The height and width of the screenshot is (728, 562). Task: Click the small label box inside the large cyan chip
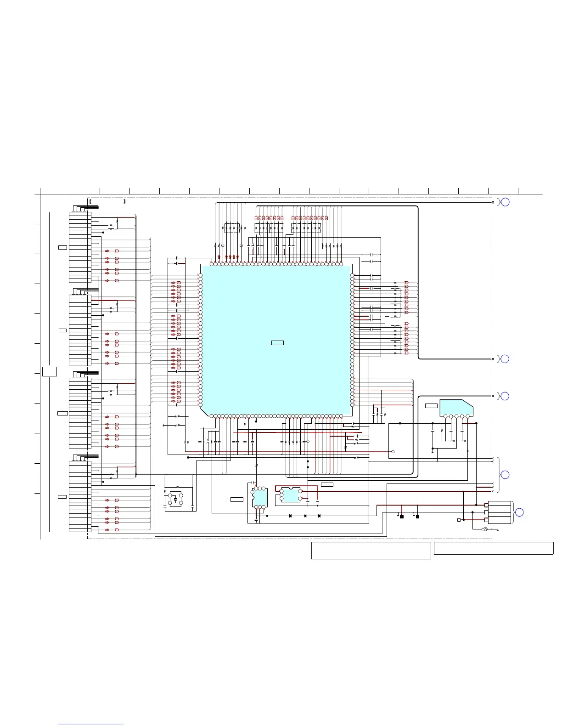coord(277,342)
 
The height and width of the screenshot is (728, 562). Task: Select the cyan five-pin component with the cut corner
coord(456,408)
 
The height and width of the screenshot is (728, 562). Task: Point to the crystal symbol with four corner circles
coord(175,499)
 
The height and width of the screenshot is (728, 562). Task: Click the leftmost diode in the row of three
coord(290,516)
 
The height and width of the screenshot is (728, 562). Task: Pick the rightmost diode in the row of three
coord(319,516)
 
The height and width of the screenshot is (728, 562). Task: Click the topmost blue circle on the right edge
coord(505,202)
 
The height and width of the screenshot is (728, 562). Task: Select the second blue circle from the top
coord(505,359)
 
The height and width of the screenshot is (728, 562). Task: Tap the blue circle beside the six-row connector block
coord(519,512)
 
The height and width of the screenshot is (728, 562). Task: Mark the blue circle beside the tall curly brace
coord(505,474)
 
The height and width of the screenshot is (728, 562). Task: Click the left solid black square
coord(401,517)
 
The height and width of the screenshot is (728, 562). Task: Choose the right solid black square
coord(417,517)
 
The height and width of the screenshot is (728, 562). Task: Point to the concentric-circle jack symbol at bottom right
coord(485,529)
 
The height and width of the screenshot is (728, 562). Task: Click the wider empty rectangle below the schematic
coord(494,548)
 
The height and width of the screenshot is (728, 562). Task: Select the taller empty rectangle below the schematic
coord(371,551)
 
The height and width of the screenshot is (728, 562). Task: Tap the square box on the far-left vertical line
coord(50,371)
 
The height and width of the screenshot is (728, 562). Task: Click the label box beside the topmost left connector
coord(62,248)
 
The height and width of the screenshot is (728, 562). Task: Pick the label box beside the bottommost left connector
coord(62,497)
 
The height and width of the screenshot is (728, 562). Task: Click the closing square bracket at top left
coord(124,201)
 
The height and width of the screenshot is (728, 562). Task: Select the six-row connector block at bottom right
coord(499,512)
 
